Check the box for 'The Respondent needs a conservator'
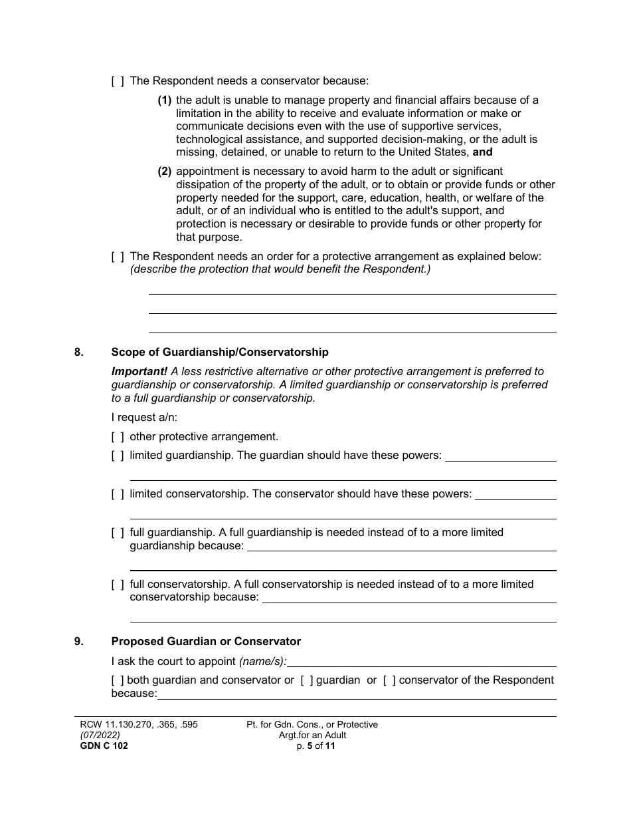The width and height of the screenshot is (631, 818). click(118, 81)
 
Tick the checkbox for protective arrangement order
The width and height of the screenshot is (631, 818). click(118, 257)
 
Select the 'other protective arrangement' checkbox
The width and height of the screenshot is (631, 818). click(118, 437)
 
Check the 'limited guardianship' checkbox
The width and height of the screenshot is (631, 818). click(118, 456)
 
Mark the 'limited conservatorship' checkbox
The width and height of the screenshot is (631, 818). click(118, 494)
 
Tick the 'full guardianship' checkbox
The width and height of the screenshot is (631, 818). click(118, 533)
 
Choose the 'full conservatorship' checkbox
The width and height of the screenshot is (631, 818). click(118, 585)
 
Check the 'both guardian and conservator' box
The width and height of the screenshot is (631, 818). click(118, 680)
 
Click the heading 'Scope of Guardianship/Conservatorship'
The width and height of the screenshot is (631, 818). click(220, 352)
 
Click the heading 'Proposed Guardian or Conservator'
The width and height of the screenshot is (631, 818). click(206, 642)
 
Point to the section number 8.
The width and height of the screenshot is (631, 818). click(79, 352)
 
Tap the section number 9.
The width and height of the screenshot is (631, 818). click(79, 642)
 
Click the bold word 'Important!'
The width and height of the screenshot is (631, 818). click(139, 372)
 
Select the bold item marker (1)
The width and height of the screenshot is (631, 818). click(165, 100)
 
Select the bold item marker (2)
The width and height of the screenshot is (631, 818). click(165, 172)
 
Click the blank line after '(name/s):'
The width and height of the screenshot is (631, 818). click(422, 662)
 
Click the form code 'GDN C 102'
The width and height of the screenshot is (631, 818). click(100, 746)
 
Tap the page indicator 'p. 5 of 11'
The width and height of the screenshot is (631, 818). click(312, 746)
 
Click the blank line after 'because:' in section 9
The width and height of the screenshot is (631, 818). click(356, 694)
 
